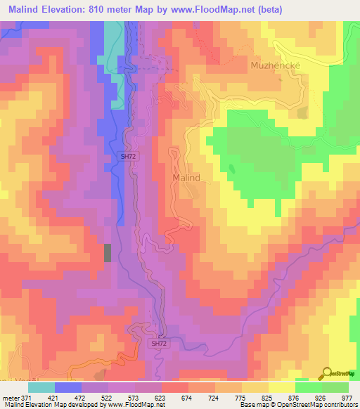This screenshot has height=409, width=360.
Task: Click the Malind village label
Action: pyautogui.click(x=186, y=178)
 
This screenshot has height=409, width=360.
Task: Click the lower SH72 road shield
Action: pyautogui.click(x=160, y=344)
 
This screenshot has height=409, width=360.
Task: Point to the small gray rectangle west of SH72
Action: pyautogui.click(x=108, y=252)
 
